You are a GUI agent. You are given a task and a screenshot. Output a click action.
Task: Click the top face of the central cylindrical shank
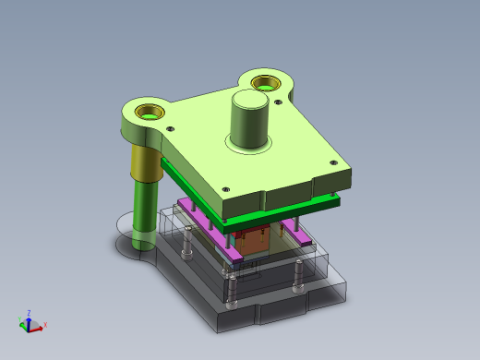249,100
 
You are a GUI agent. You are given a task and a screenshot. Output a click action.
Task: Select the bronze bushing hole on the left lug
147,112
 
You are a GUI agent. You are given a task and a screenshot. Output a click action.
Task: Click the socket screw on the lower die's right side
298,276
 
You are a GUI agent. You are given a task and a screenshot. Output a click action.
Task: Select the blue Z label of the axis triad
30,313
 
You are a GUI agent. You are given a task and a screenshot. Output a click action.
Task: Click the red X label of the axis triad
45,325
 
